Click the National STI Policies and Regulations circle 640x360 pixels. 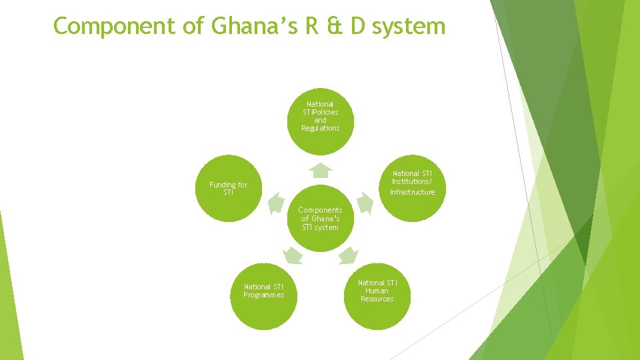pos(320,120)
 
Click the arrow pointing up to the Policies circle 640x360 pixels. pos(321,170)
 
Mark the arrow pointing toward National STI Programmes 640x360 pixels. pos(292,255)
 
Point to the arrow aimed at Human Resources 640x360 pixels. pos(348,255)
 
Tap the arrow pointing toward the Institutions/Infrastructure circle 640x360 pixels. pos(364,203)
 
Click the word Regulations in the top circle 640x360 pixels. pos(320,128)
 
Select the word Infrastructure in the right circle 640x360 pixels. pos(412,192)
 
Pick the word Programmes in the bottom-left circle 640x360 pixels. pos(263,295)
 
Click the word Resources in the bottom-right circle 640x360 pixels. pos(377,299)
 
